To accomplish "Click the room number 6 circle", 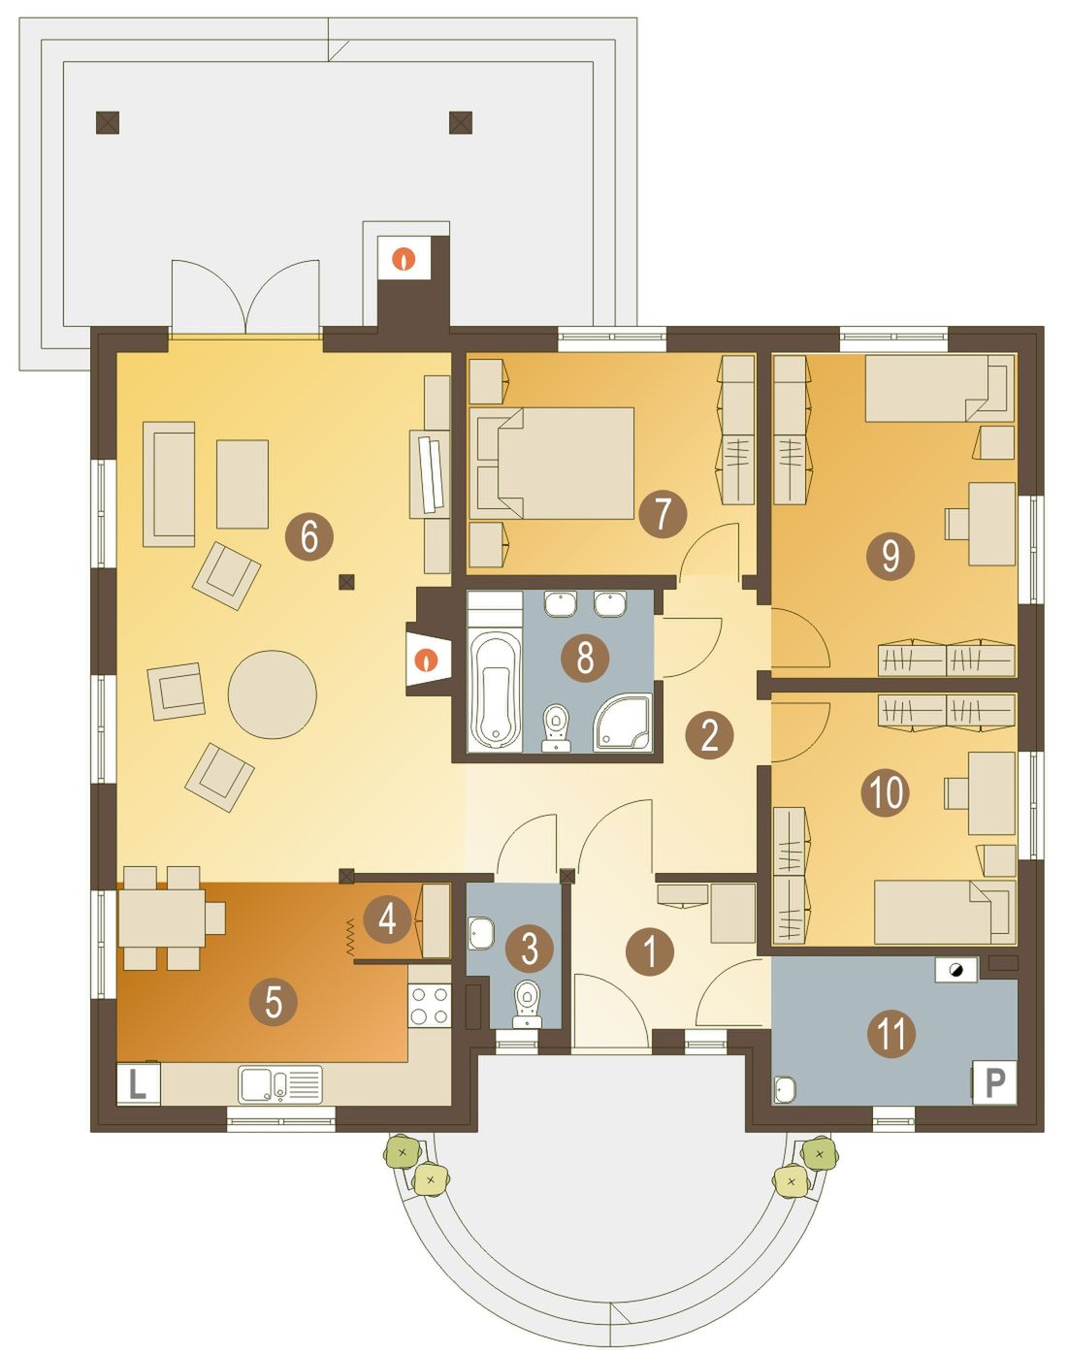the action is [308, 538].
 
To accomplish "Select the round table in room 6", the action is [273, 694].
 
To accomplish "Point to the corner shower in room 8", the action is [622, 722].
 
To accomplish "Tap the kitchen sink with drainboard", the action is [279, 1084].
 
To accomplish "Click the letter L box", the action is [139, 1084].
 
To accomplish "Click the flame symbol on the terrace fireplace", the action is [404, 258].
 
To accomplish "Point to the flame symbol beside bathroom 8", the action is [428, 660].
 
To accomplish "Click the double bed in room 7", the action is [553, 464].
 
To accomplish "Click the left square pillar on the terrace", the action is [108, 122].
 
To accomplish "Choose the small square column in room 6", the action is [346, 582].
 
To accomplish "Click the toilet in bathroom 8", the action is [556, 728].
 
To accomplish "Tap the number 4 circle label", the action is [387, 918].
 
